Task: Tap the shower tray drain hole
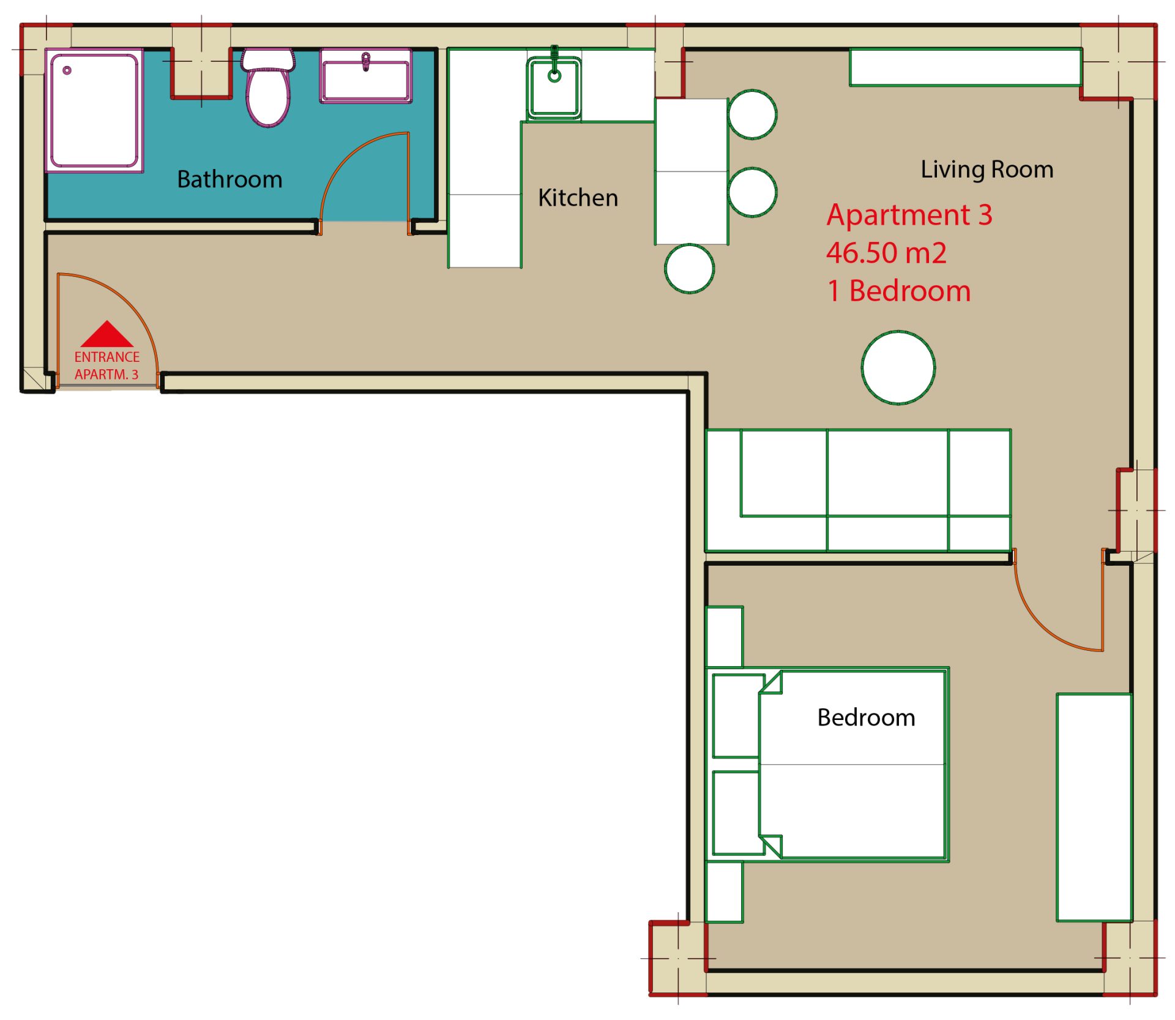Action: (x=67, y=70)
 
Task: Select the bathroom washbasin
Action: (x=365, y=76)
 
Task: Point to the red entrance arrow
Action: (x=107, y=334)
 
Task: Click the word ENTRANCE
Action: (x=107, y=357)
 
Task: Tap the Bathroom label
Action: (x=229, y=179)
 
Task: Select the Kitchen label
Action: (x=578, y=198)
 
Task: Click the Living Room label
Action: (x=987, y=170)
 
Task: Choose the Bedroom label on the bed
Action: (x=866, y=718)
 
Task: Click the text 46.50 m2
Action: (x=886, y=253)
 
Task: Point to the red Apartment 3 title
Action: (x=909, y=215)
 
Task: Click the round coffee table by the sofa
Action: (x=898, y=367)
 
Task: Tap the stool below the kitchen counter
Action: (x=689, y=268)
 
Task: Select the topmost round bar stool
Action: (x=752, y=114)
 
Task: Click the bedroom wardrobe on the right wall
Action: (x=1094, y=807)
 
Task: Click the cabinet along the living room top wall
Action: (x=965, y=67)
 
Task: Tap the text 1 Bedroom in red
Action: (x=899, y=291)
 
